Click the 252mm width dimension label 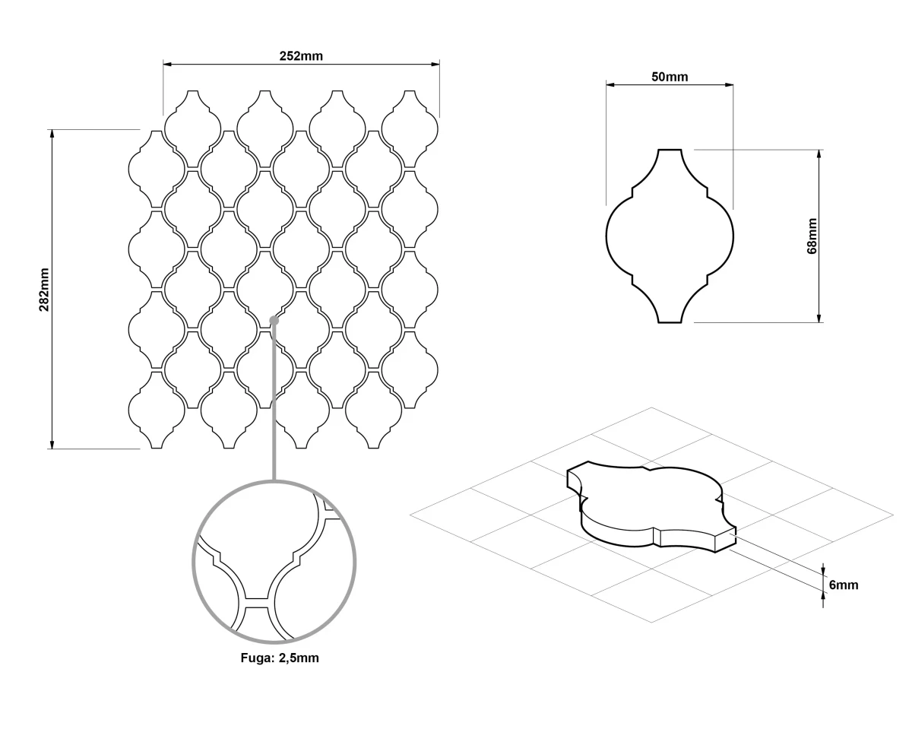coord(301,56)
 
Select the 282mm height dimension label coord(44,290)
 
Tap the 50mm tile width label coord(670,77)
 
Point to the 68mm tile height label coord(812,236)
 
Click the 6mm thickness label coord(844,585)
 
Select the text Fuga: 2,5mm coord(280,658)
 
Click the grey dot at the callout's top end coord(274,321)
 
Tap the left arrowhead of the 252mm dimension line coord(167,65)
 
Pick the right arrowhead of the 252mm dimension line coord(435,65)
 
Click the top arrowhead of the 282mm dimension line coord(52,134)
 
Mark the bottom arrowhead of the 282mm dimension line coord(52,444)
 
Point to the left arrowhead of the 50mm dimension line coord(610,85)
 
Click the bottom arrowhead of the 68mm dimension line coord(819,319)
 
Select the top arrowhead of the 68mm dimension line coord(819,154)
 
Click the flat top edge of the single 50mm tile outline coord(670,150)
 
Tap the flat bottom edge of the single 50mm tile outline coord(670,322)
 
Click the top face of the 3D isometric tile coord(648,500)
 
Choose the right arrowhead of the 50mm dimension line coord(729,85)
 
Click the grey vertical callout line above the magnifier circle coord(274,403)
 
